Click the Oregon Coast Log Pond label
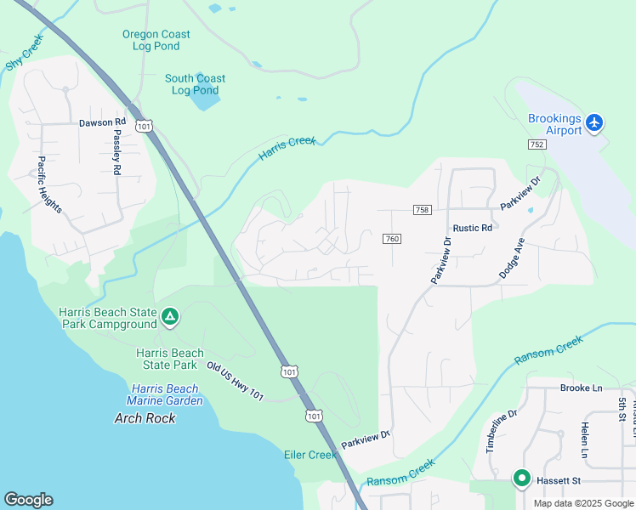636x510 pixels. click(156, 40)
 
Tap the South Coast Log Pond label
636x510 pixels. click(196, 84)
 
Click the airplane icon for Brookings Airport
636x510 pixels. click(594, 123)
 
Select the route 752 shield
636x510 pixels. click(537, 145)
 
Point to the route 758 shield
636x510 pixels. click(422, 210)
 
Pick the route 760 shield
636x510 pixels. click(391, 239)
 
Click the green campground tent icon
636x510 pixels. click(170, 318)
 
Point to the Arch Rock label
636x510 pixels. click(145, 418)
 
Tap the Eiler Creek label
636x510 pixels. click(310, 455)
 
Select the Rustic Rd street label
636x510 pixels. click(473, 228)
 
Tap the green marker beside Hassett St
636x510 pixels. click(521, 479)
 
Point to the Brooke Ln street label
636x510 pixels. click(581, 388)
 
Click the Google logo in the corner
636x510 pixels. click(28, 500)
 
